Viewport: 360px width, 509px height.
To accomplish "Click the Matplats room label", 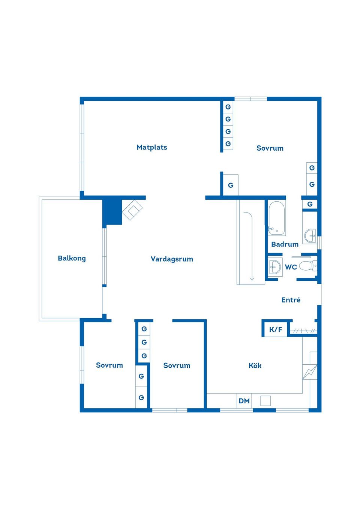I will (152, 147).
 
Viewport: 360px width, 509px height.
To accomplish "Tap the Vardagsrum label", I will (172, 259).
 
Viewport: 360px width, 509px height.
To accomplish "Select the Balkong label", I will (72, 258).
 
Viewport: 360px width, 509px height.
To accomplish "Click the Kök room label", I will (255, 365).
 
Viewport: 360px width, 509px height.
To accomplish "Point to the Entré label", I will (291, 300).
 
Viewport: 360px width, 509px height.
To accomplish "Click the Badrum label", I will (285, 244).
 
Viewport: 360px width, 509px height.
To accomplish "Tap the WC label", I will (291, 267).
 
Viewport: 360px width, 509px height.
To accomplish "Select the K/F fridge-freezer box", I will (275, 329).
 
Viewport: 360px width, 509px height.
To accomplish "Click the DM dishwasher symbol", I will (244, 401).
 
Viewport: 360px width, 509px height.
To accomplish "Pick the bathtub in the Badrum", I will (276, 219).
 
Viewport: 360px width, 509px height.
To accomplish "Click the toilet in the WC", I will (309, 266).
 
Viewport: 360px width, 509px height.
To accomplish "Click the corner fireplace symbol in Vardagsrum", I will (132, 210).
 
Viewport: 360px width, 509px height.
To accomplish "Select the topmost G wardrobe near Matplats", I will (228, 107).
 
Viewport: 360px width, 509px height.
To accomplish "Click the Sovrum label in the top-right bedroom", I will (270, 148).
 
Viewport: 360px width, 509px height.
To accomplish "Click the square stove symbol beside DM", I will (265, 401).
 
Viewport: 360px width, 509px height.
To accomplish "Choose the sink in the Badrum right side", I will (310, 236).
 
